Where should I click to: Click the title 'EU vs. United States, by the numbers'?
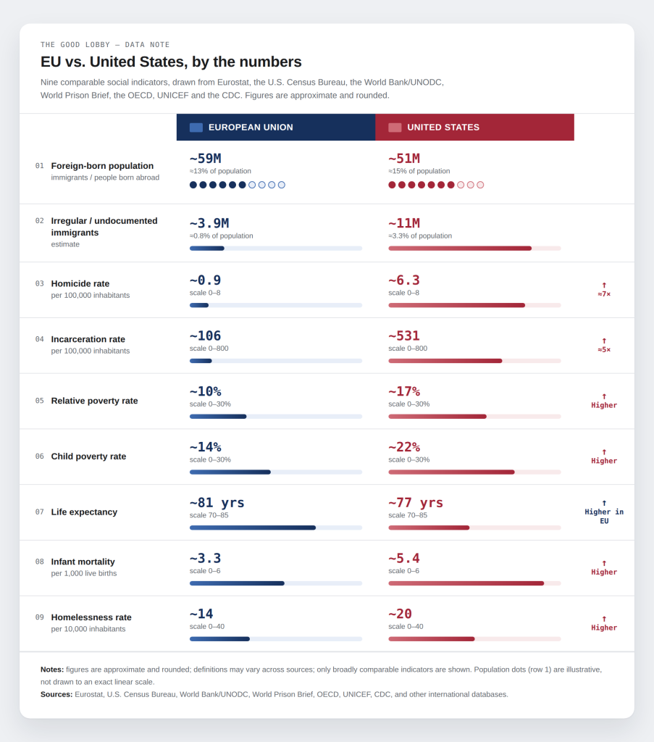171,62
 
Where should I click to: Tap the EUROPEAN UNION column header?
276,128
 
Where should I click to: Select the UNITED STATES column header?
475,128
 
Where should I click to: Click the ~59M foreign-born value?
206,159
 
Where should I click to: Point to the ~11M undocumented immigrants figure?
404,223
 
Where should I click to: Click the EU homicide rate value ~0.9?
206,280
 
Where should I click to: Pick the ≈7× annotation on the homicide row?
604,294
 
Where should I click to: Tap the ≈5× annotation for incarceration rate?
604,350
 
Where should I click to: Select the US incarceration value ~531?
404,336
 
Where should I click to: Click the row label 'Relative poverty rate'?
95,401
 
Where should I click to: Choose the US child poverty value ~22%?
404,447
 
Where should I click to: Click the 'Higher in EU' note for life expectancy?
604,516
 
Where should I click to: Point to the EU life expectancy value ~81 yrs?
217,503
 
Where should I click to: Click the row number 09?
40,617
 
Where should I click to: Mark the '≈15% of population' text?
419,171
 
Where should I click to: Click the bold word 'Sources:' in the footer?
56,694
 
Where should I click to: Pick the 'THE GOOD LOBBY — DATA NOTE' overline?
105,45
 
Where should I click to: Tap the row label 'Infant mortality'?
83,562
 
